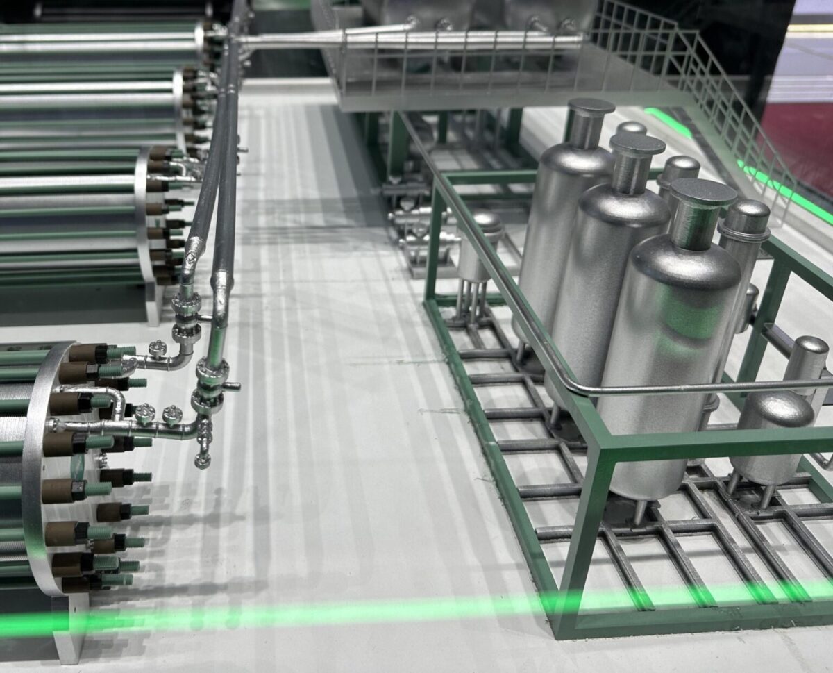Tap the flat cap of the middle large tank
coord(637,144)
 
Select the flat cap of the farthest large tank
coord(591,106)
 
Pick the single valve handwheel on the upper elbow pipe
coord(158,347)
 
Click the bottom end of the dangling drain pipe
coord(202,460)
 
